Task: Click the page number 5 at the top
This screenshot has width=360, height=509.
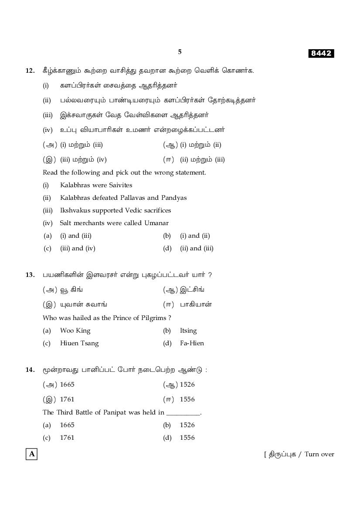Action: click(180, 52)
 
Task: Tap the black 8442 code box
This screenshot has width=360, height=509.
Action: click(321, 54)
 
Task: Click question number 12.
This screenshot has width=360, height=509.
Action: click(30, 71)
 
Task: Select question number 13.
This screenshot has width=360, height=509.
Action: click(30, 275)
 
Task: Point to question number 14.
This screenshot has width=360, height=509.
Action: click(30, 370)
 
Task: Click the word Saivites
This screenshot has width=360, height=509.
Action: click(118, 185)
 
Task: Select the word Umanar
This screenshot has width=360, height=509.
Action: click(156, 223)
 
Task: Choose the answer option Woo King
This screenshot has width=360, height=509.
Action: click(75, 330)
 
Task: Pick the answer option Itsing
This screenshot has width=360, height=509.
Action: click(188, 330)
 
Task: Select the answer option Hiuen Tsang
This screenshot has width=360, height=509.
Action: click(79, 343)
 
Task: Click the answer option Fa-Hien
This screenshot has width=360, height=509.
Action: click(192, 343)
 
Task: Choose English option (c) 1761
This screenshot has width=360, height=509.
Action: click(67, 438)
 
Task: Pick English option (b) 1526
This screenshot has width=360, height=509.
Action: click(187, 425)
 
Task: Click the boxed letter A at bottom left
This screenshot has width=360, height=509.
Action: click(31, 454)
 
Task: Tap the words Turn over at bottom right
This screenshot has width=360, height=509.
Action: click(319, 454)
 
